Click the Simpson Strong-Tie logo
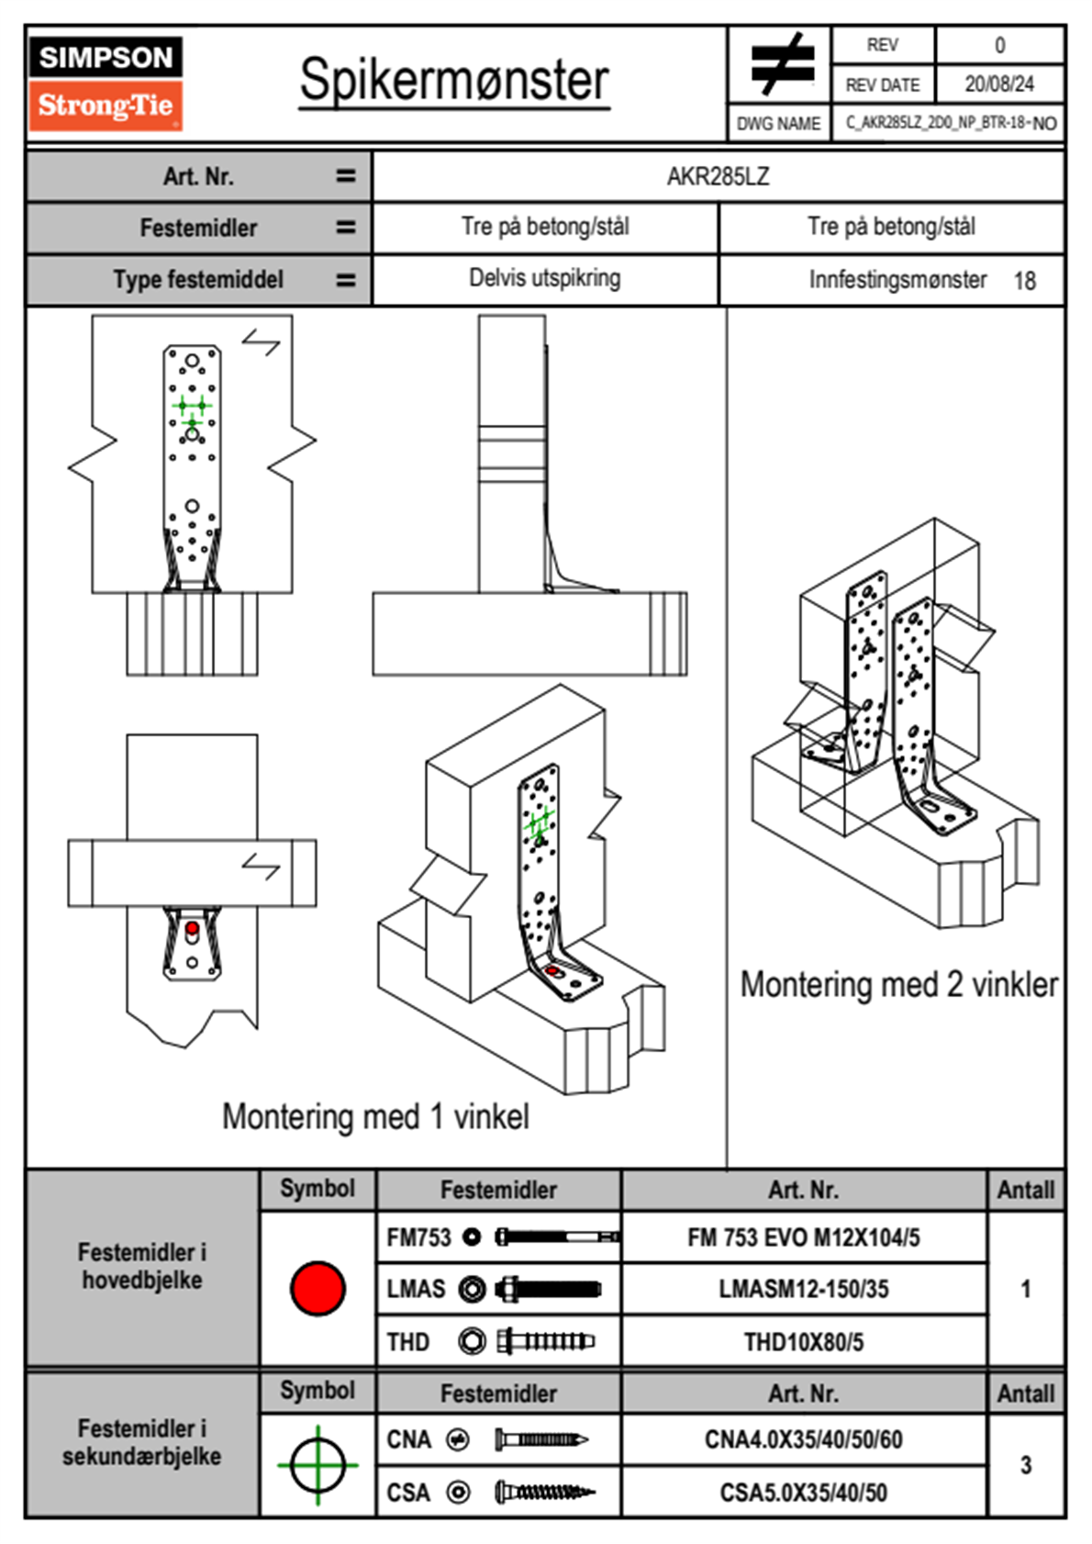106,84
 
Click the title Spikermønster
454,80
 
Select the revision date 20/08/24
998,84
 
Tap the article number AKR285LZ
718,176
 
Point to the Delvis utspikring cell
544,278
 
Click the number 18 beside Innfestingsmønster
1024,281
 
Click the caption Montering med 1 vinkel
375,1117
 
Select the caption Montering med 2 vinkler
898,985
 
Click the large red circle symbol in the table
318,1288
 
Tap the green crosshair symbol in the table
318,1465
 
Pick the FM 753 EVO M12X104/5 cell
803,1238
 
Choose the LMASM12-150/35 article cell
803,1290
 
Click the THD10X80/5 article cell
803,1342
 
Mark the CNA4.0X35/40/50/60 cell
803,1439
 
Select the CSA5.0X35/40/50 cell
803,1493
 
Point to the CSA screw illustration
543,1493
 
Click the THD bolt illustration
545,1342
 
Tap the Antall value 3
1025,1465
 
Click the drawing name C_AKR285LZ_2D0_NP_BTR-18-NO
950,123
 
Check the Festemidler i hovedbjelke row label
142,1267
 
